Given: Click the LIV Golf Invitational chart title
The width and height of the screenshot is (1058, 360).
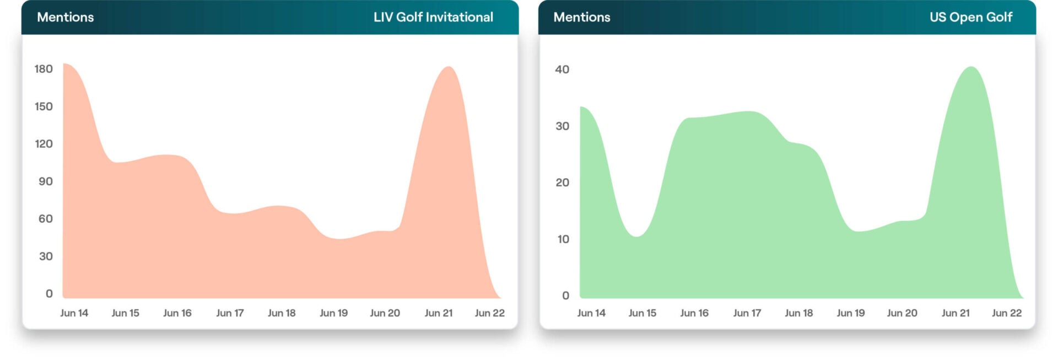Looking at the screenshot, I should (433, 17).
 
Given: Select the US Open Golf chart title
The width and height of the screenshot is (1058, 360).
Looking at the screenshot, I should (970, 17).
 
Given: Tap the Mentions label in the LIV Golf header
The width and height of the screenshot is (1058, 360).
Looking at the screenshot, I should (65, 17).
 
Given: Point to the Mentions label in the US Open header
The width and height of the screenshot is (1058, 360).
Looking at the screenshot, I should (581, 17).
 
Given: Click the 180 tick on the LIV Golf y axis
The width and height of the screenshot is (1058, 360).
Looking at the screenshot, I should (44, 69).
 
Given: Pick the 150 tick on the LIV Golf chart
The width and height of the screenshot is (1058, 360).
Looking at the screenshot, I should (44, 106).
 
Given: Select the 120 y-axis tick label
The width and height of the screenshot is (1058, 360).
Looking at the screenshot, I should (44, 144).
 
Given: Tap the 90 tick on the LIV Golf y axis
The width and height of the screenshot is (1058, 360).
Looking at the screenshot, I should (45, 181).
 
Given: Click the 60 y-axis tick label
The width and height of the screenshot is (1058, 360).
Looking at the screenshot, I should (45, 219).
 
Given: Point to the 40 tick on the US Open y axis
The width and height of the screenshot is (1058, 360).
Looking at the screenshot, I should (562, 69).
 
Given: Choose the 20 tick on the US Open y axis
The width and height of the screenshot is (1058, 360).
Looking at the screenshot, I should (562, 182).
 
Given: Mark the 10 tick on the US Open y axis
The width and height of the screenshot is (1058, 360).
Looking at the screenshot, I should (563, 239).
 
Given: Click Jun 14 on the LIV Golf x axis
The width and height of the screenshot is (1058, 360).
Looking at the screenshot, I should (74, 313).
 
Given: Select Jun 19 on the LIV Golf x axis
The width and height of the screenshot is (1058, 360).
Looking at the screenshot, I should (333, 313).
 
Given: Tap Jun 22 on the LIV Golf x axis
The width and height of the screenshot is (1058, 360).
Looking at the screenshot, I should (489, 313).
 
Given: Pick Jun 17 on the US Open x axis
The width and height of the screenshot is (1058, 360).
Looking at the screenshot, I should (747, 313).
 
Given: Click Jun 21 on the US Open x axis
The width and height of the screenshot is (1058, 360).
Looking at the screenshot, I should (955, 313).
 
